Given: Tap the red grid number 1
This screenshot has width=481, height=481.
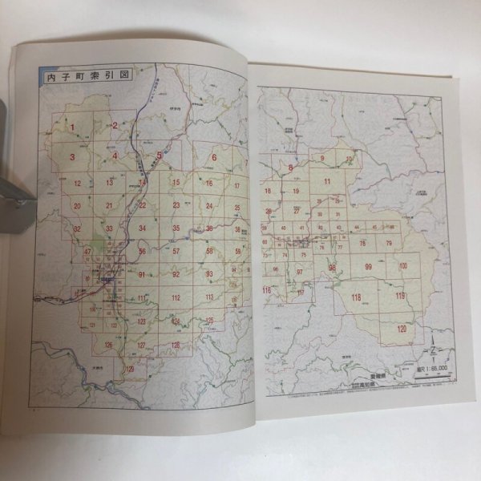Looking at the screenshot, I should (x=72, y=127).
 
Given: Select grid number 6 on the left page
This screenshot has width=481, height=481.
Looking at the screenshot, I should (x=215, y=157).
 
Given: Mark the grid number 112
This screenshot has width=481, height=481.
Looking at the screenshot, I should (x=176, y=298).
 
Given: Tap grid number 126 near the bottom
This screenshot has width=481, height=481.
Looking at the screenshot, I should (x=108, y=345).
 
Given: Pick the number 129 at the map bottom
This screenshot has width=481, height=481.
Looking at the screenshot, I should (x=130, y=369).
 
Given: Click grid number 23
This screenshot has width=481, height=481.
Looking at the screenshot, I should (x=176, y=205).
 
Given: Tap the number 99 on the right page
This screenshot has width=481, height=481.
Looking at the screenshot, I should (x=368, y=267).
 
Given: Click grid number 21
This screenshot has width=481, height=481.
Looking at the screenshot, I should (x=109, y=206).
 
